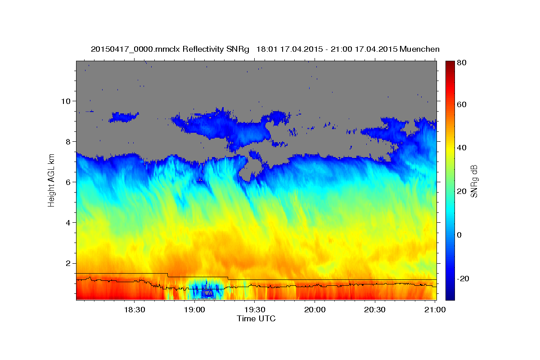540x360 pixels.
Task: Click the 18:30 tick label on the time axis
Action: coord(134,310)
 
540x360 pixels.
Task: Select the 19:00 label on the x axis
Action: coord(194,310)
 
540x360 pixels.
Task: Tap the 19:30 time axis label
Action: coord(254,310)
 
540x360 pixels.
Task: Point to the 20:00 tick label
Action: coord(315,310)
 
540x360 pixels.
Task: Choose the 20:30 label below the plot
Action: coord(375,310)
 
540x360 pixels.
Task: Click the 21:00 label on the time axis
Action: coord(435,310)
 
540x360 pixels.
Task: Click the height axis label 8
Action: coord(69,141)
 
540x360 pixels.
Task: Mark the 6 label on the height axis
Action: coord(69,182)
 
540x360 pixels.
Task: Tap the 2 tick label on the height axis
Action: coord(69,263)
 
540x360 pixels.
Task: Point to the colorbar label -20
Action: coord(463,279)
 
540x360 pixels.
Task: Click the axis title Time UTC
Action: coord(256,319)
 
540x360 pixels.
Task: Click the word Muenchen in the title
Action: coord(418,49)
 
